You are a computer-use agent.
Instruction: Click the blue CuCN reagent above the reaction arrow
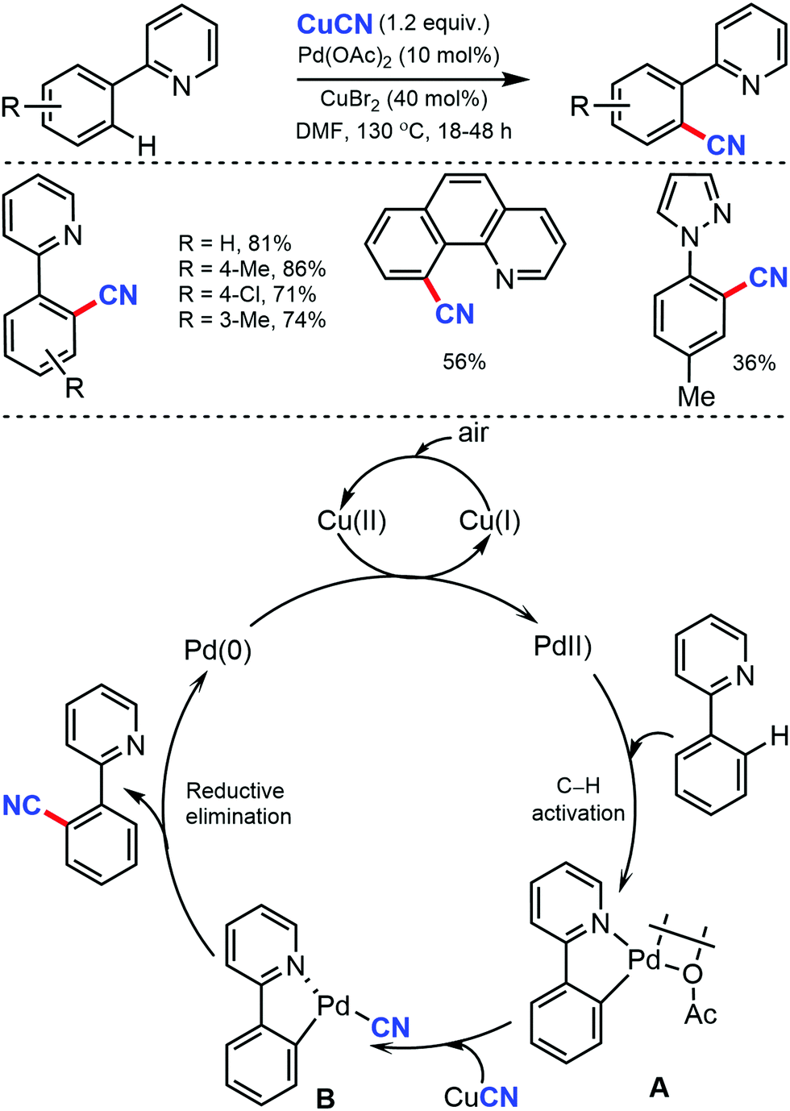pyautogui.click(x=335, y=24)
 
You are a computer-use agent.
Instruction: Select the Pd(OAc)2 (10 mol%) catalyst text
pyautogui.click(x=398, y=55)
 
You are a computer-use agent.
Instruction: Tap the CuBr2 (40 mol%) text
pyautogui.click(x=403, y=99)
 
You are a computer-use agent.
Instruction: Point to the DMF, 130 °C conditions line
pyautogui.click(x=403, y=131)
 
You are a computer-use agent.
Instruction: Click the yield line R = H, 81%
pyautogui.click(x=235, y=243)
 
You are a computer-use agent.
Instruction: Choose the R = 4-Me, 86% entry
pyautogui.click(x=252, y=268)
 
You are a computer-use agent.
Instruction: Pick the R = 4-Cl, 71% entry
pyautogui.click(x=247, y=294)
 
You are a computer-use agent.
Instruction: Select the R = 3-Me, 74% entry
pyautogui.click(x=252, y=320)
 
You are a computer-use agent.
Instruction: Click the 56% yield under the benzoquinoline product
pyautogui.click(x=464, y=362)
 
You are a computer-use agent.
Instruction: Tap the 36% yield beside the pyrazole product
pyautogui.click(x=754, y=363)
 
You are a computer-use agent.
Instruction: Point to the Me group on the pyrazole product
pyautogui.click(x=696, y=396)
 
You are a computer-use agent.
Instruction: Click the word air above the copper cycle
pyautogui.click(x=473, y=434)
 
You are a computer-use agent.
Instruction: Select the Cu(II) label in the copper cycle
pyautogui.click(x=351, y=521)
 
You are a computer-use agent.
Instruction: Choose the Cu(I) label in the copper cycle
pyautogui.click(x=489, y=521)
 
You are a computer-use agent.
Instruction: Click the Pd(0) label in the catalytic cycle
pyautogui.click(x=218, y=650)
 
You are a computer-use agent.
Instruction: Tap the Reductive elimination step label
pyautogui.click(x=238, y=803)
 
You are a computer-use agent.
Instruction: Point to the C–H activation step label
pyautogui.click(x=578, y=799)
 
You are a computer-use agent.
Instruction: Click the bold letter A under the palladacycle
pyautogui.click(x=659, y=1088)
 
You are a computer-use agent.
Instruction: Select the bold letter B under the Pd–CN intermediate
pyautogui.click(x=325, y=1098)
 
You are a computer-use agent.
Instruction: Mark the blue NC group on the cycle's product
pyautogui.click(x=22, y=805)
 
